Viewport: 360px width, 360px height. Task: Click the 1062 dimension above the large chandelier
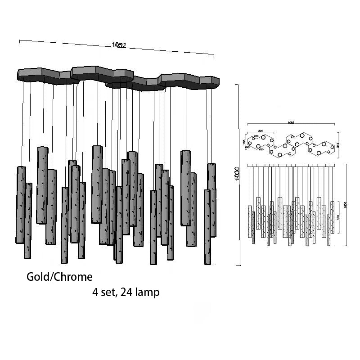pos(119,45)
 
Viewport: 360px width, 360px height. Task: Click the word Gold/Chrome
pos(59,276)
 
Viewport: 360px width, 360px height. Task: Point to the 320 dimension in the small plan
pos(261,131)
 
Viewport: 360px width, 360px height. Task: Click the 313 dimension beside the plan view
pos(337,144)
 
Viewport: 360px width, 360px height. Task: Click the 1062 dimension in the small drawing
pos(291,121)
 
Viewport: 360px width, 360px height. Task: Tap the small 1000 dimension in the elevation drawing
pos(346,205)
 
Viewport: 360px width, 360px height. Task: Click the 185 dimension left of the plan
pos(244,142)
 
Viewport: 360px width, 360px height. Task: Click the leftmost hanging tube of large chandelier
pos(21,205)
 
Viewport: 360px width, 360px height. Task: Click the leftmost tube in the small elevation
pos(250,220)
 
